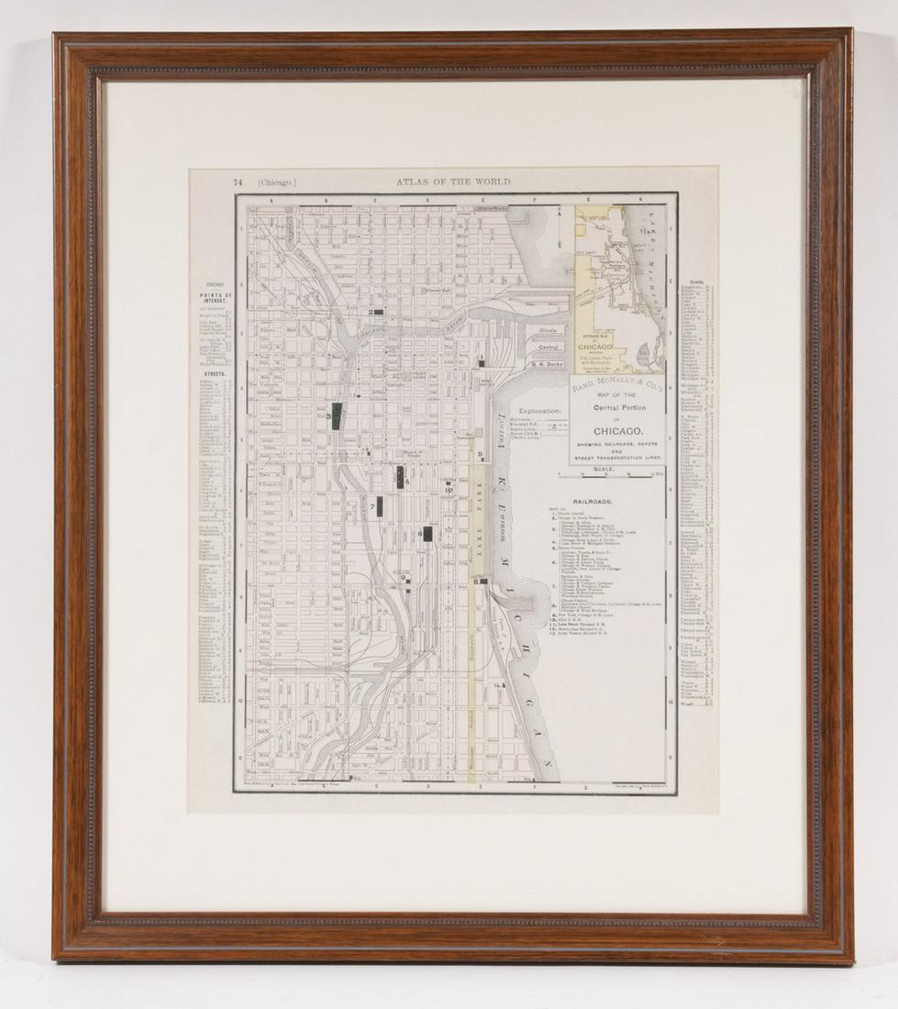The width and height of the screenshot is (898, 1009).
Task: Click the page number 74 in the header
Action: coord(238,183)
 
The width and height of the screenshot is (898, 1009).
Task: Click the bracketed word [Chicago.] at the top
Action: coord(277,183)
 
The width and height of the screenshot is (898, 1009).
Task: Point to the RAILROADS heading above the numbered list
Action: coord(593,503)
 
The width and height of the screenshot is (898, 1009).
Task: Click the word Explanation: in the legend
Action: coord(538,411)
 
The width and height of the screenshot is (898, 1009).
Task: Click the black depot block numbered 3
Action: coord(337,416)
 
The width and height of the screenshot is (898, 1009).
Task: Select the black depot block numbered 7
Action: coord(379,506)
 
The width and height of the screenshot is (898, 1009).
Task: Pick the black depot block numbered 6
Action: coord(427,534)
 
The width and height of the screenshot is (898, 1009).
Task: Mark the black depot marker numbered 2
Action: coord(376,312)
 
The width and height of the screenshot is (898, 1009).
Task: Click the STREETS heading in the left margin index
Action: coord(216,374)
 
